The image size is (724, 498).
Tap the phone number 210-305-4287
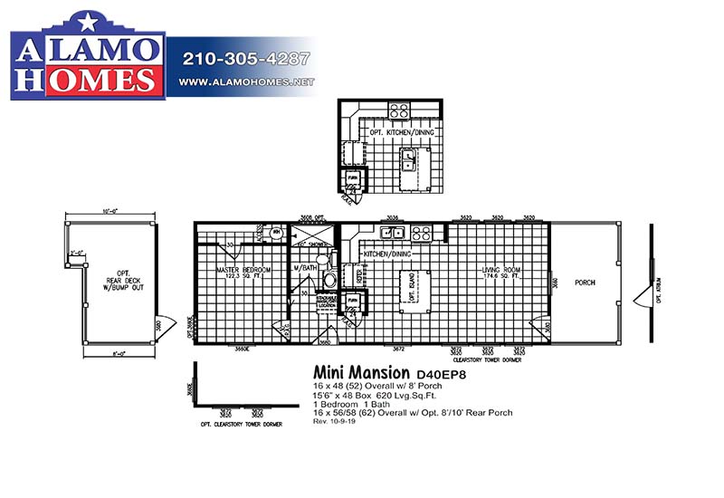[x=246, y=61]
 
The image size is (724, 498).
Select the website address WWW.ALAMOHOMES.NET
[x=246, y=82]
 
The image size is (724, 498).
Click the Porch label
[x=586, y=283]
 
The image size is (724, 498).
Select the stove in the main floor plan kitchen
[x=422, y=234]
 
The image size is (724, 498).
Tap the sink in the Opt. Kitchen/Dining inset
[x=408, y=162]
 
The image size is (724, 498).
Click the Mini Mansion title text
[x=361, y=372]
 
